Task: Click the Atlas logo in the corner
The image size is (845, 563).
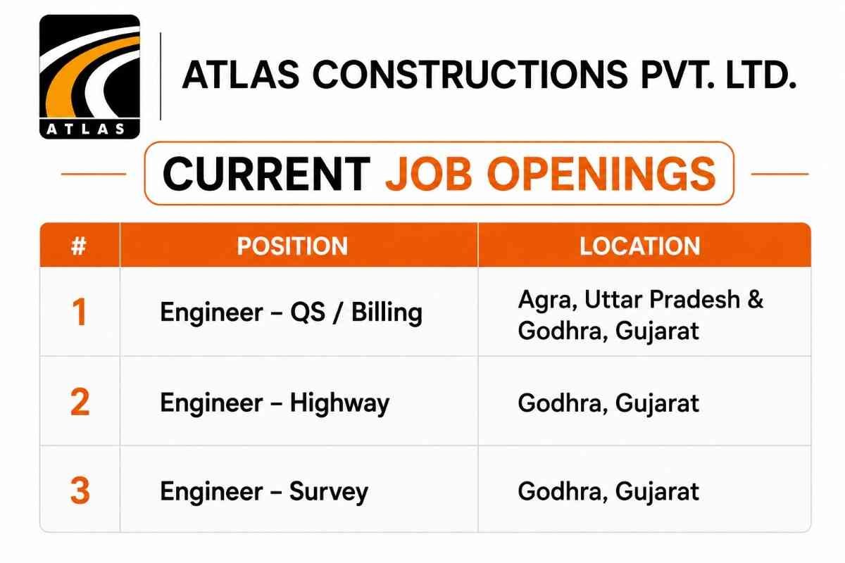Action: (90, 77)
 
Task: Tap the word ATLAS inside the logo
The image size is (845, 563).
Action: (86, 129)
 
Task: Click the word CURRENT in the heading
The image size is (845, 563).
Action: (266, 174)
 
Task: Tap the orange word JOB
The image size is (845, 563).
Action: (429, 174)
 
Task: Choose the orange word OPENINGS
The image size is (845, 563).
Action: (601, 174)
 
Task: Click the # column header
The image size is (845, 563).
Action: (78, 246)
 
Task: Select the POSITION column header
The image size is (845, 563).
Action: (292, 246)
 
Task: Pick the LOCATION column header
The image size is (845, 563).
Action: (640, 246)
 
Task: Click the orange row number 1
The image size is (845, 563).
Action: (80, 312)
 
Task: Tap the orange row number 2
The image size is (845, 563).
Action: (80, 402)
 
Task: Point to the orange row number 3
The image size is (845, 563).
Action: (80, 491)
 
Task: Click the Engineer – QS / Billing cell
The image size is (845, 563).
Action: (292, 313)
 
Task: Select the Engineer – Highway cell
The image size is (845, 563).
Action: (275, 403)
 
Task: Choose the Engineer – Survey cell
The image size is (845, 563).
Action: (264, 492)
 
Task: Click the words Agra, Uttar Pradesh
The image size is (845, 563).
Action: (629, 301)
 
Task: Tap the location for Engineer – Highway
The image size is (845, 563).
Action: (608, 403)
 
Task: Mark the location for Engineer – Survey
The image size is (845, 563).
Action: (608, 492)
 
